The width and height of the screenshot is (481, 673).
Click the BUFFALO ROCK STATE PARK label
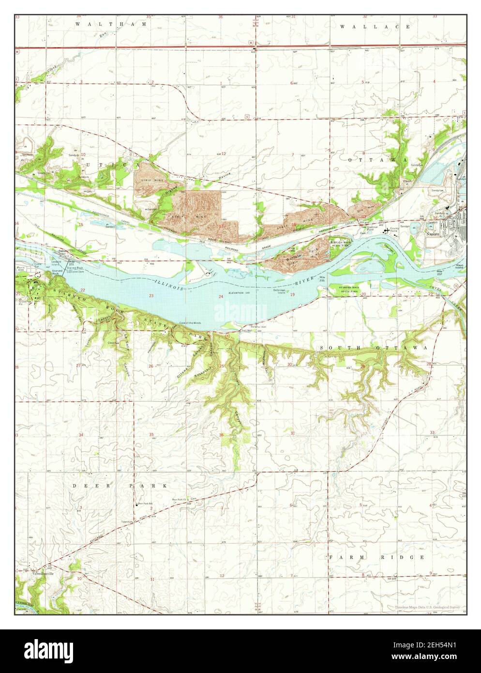343,243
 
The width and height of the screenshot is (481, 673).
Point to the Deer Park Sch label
145,504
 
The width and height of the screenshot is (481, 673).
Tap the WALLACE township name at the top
375,27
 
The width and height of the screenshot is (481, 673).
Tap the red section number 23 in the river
151,295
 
